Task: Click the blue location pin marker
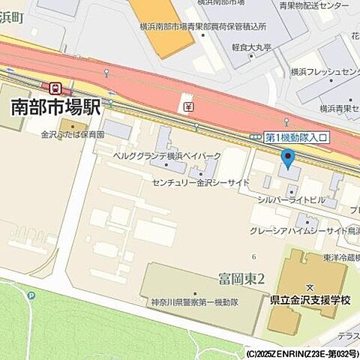click(x=288, y=157)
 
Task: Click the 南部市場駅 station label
click(x=56, y=107)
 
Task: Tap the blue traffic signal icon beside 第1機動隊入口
click(x=256, y=137)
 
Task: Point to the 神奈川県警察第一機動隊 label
click(x=193, y=301)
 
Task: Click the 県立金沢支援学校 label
click(x=310, y=300)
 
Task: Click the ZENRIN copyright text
click(x=301, y=352)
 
